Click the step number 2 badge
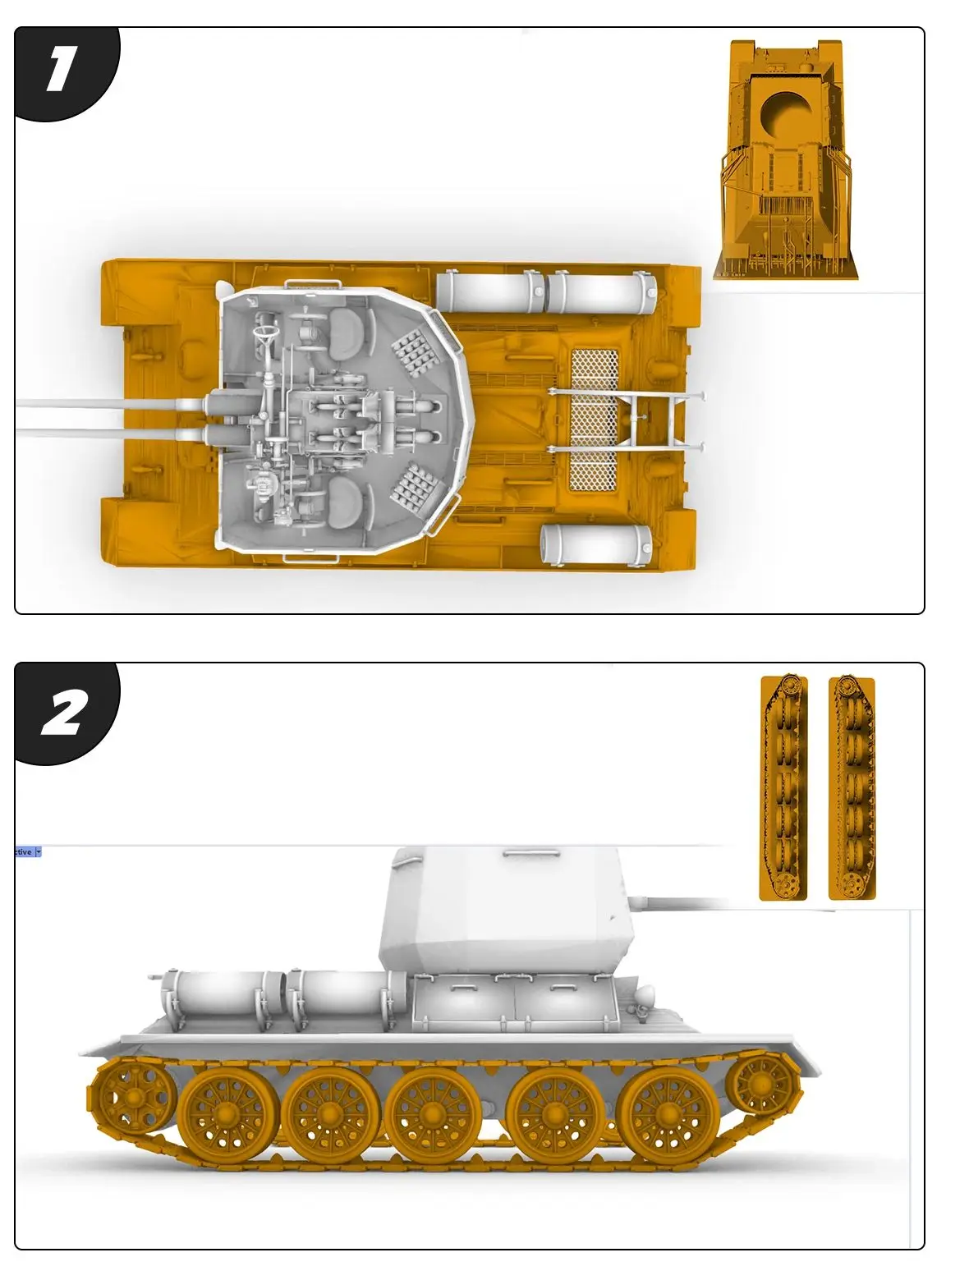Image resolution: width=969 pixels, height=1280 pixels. point(62,713)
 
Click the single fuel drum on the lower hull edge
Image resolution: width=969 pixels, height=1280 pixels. point(595,544)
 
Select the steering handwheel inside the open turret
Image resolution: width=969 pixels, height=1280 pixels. point(266,333)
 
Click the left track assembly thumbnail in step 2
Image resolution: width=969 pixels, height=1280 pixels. point(783,787)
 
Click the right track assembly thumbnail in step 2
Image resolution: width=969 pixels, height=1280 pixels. point(852,787)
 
